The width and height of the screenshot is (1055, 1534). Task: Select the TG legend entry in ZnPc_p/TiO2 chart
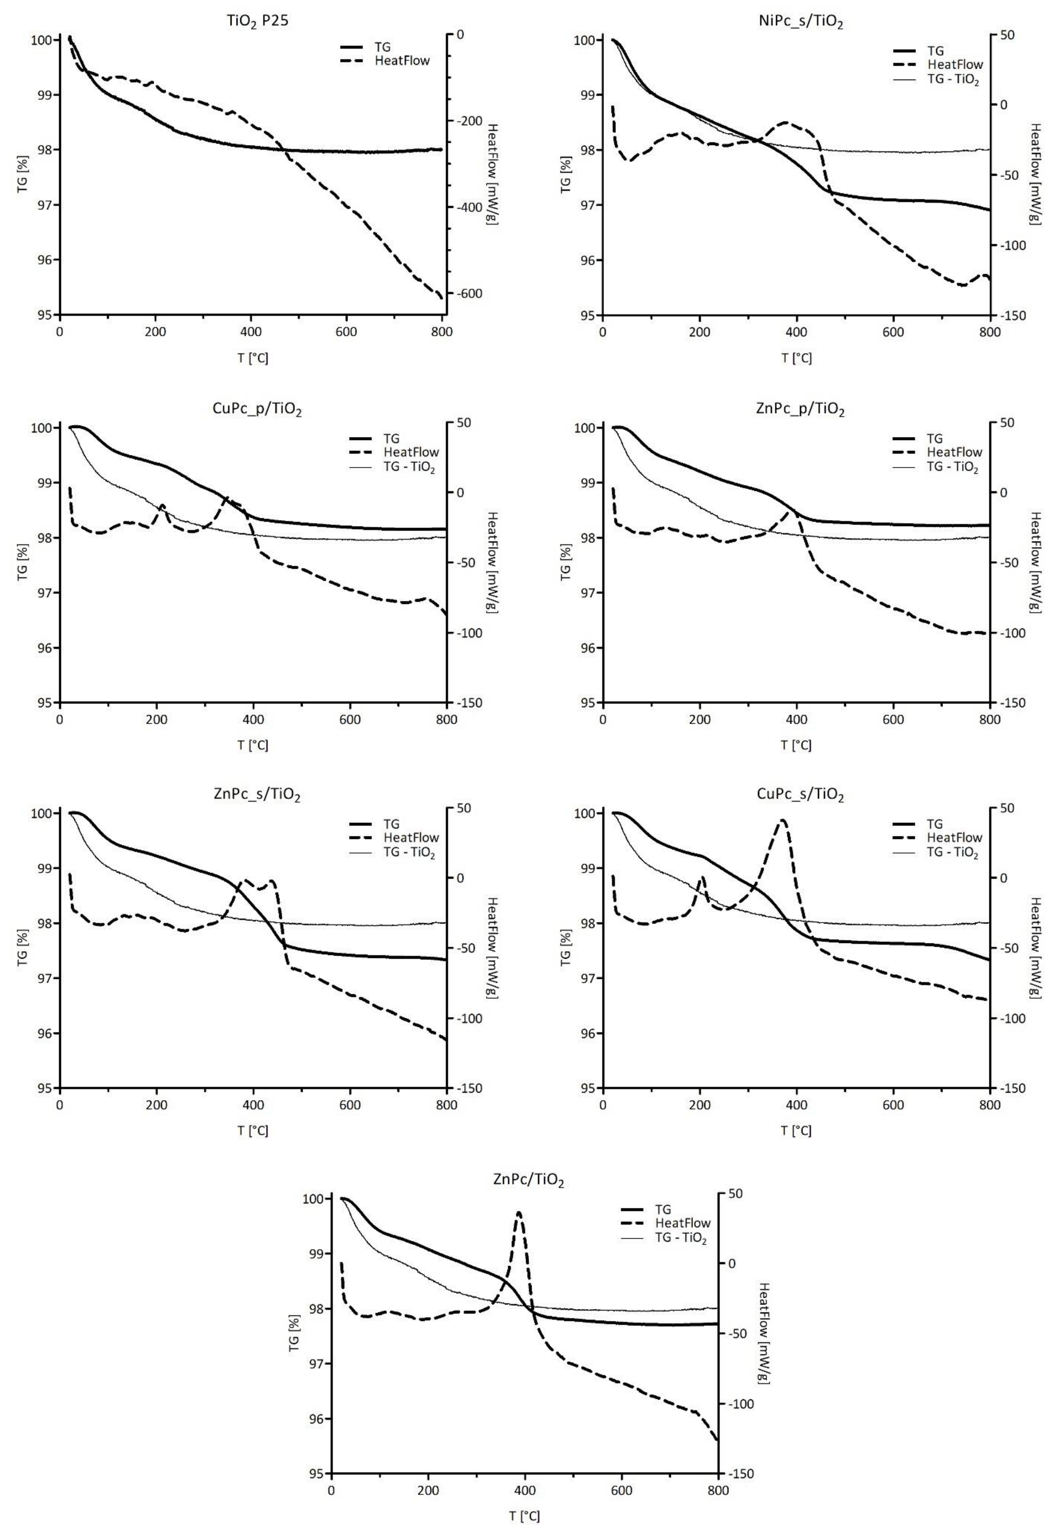(x=934, y=438)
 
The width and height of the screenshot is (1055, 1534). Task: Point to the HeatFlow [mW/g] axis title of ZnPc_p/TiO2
(x=1034, y=562)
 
